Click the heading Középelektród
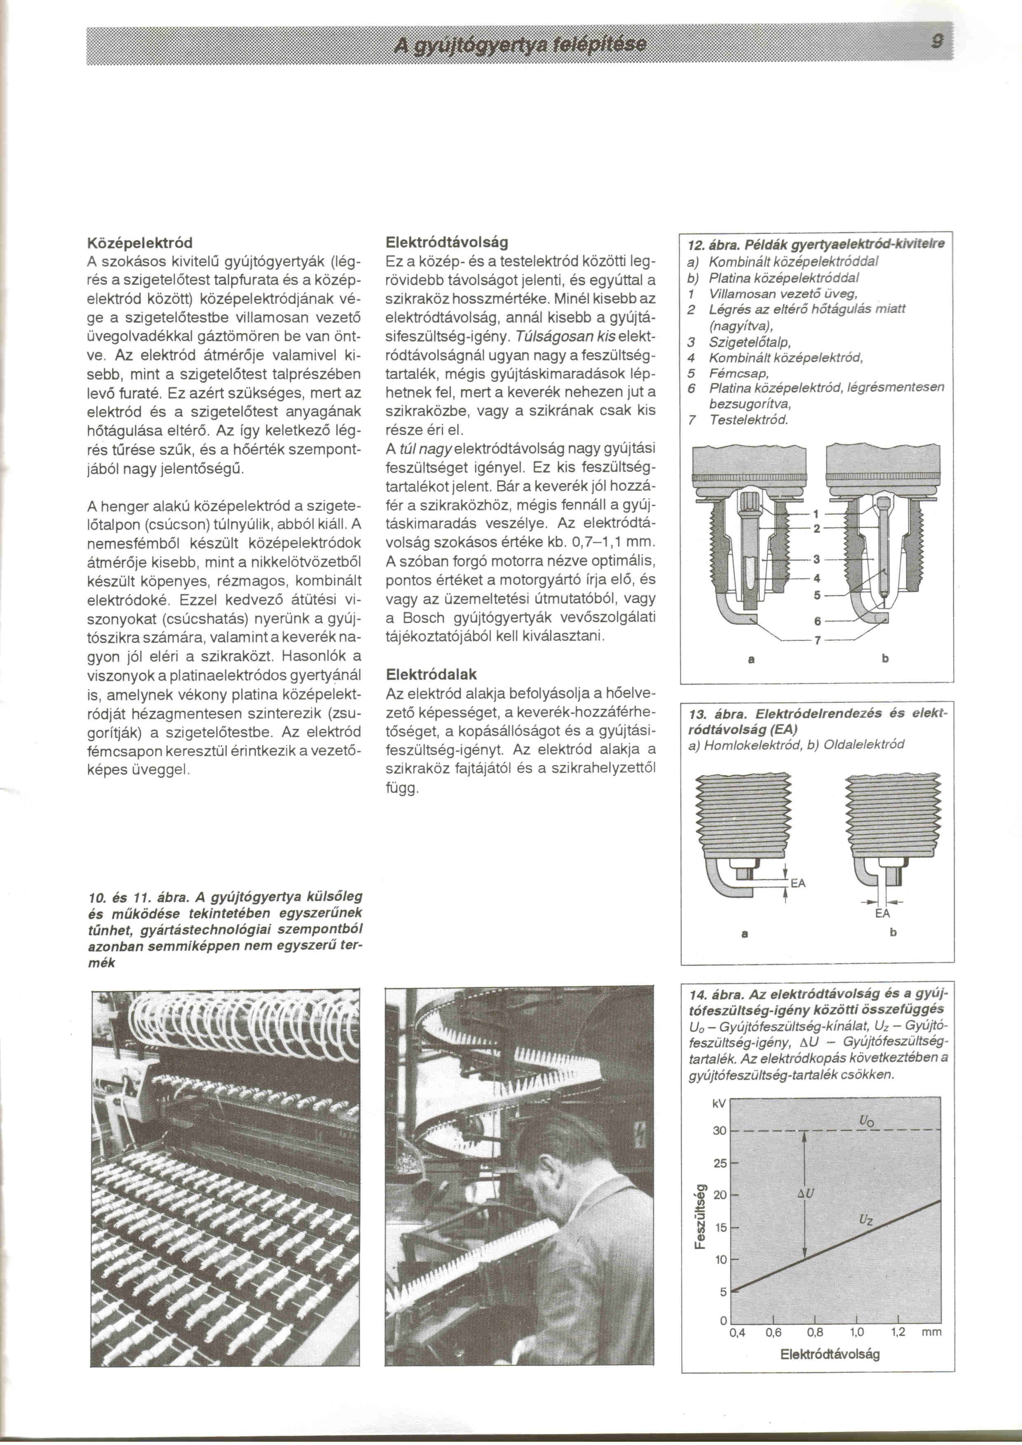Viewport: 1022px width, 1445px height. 139,242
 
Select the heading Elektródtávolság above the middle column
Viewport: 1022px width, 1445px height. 447,242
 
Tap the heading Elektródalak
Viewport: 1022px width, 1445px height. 431,674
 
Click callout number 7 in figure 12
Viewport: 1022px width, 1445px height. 818,641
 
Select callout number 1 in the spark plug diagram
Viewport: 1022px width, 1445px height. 816,513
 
